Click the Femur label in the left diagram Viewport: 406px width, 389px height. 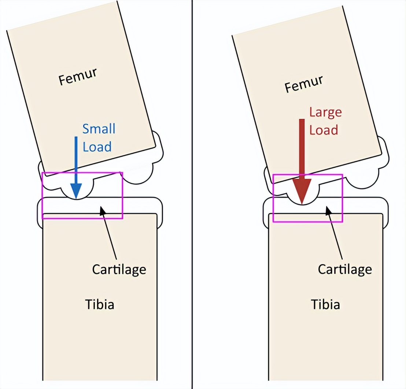78,76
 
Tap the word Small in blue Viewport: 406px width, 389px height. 99,129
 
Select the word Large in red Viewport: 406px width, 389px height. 325,112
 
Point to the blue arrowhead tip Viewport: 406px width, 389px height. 76,199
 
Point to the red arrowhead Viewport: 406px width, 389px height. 302,192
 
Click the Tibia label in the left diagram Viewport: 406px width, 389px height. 100,304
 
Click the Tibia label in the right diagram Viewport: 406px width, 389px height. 325,304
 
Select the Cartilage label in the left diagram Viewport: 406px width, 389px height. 119,270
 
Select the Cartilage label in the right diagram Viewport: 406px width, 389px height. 345,270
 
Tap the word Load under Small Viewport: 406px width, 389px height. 97,147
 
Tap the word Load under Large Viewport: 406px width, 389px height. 324,130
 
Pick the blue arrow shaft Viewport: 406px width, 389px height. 76,160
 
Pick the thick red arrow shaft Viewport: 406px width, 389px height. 302,149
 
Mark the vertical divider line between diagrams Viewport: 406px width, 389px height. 192,194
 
